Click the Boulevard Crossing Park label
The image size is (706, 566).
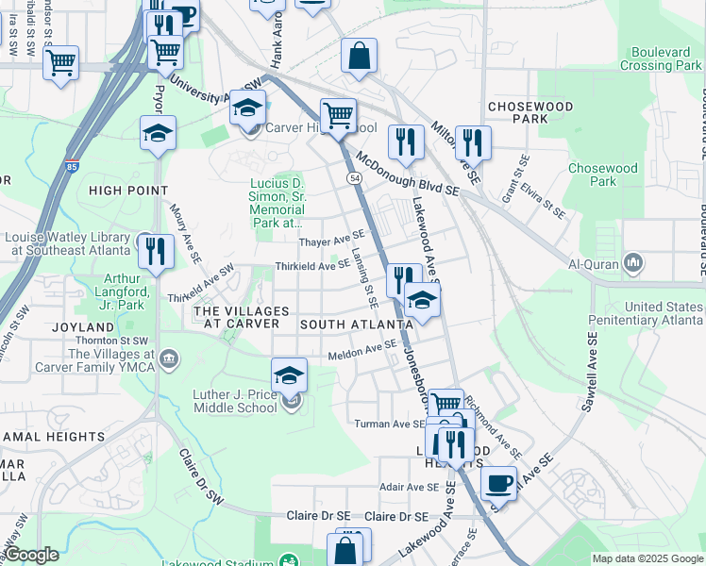point(662,59)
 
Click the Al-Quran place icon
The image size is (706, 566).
point(634,261)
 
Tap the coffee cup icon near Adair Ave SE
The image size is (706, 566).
point(499,484)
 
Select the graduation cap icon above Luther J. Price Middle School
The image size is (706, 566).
point(290,375)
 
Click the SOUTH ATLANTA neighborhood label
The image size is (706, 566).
point(356,325)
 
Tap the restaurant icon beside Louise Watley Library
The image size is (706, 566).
point(152,251)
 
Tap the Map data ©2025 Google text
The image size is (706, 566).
point(647,558)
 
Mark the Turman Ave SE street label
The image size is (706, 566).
point(390,424)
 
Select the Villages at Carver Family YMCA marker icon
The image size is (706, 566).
point(169,358)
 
